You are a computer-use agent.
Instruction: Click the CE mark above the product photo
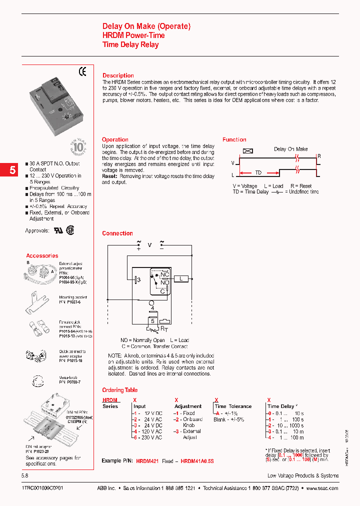(82, 71)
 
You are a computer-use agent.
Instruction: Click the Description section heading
(118, 75)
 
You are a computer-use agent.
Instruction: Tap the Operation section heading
(115, 139)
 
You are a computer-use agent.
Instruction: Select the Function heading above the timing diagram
(234, 139)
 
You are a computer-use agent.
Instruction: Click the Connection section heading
(117, 233)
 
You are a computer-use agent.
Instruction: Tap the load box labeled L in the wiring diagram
(182, 278)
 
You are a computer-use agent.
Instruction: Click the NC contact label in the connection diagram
(164, 275)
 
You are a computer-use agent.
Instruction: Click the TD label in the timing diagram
(258, 172)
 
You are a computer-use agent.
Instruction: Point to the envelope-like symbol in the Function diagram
(247, 150)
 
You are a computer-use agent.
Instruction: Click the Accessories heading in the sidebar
(42, 255)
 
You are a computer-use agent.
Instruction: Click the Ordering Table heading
(119, 390)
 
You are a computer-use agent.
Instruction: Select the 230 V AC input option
(148, 437)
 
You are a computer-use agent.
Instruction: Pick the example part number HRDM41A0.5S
(197, 460)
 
